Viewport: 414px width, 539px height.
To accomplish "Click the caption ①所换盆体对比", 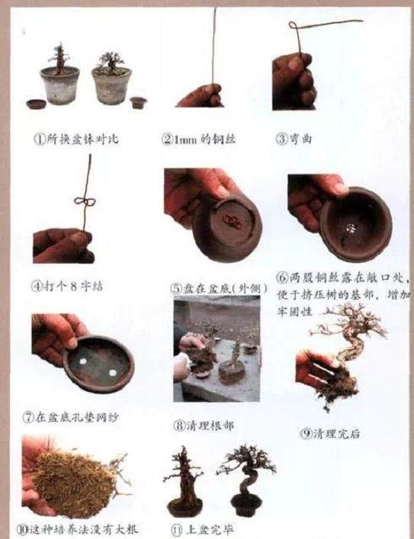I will [x=84, y=139].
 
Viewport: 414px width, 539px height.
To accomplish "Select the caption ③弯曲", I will [x=293, y=140].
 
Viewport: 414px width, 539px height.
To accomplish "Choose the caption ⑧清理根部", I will [x=199, y=425].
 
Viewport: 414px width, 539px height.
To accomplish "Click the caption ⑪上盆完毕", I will [x=197, y=528].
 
